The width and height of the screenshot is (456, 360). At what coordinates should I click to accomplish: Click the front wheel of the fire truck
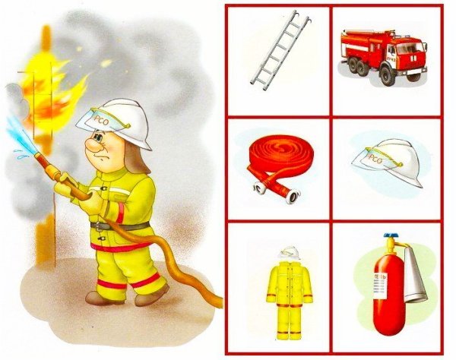pos(388,75)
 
